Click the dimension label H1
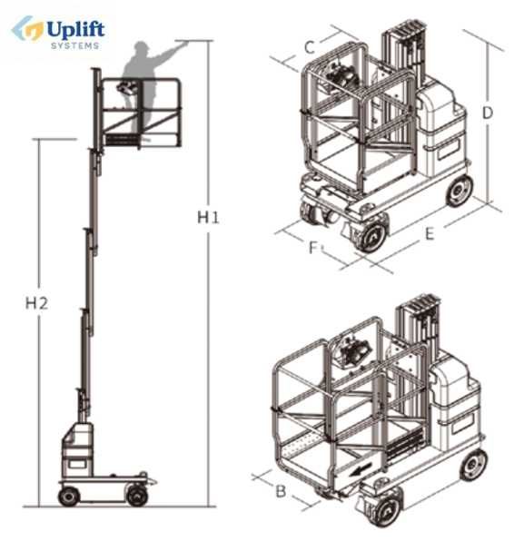[x=208, y=218]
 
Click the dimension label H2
[x=36, y=303]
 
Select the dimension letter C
[x=310, y=47]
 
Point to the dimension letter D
[x=487, y=113]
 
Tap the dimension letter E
[x=429, y=234]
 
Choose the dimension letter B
[x=281, y=491]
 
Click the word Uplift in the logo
[x=75, y=30]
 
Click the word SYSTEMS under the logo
[x=74, y=46]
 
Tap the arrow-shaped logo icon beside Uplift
[x=27, y=29]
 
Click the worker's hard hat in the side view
[x=142, y=46]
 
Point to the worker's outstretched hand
[x=183, y=43]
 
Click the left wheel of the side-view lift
[x=69, y=497]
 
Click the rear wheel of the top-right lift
[x=460, y=191]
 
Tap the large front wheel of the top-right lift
[x=371, y=236]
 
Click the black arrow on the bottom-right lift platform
[x=361, y=469]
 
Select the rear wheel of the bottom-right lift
[x=473, y=465]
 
